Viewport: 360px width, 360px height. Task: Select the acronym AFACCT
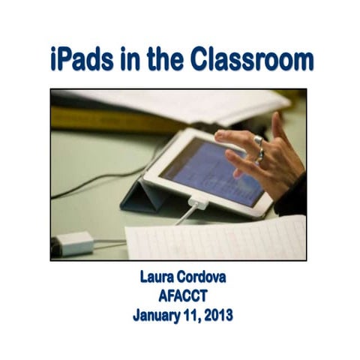click(x=182, y=296)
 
